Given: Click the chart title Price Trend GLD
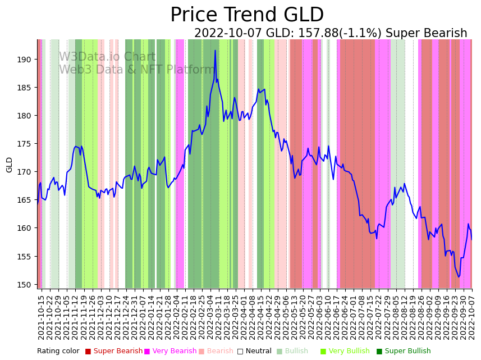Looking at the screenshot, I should (247, 15).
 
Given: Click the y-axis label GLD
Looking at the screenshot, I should (10, 165).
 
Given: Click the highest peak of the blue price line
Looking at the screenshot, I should (215, 51).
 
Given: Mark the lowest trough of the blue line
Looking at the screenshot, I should (459, 277).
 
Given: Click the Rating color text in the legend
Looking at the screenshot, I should (58, 351).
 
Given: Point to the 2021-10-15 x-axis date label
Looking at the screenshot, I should (41, 317).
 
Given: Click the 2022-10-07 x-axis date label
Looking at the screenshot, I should (472, 317).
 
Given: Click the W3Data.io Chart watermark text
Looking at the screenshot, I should (107, 57).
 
